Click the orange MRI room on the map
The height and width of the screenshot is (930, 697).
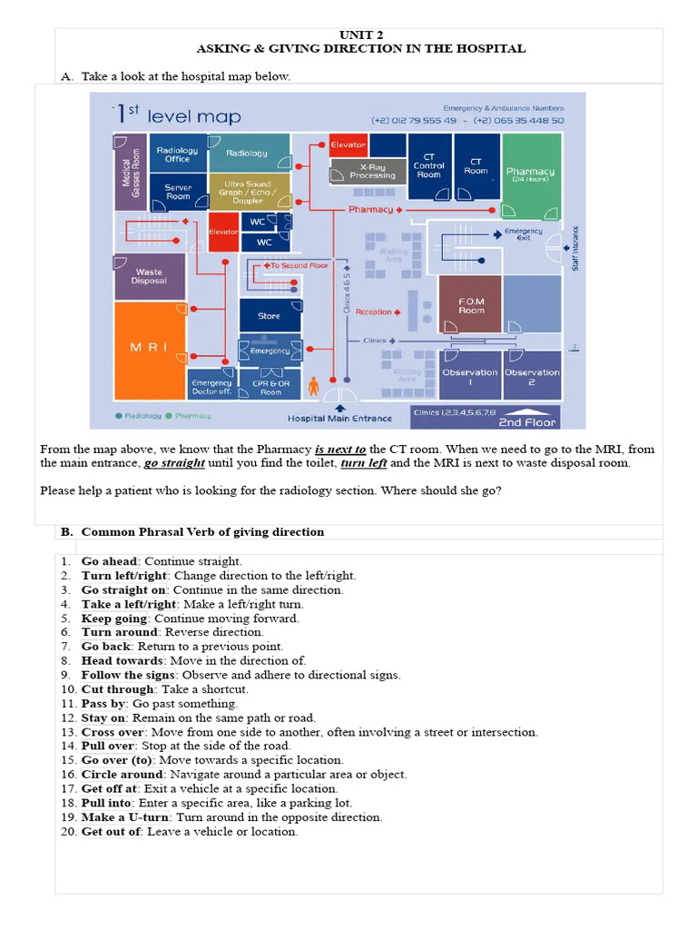click(x=149, y=350)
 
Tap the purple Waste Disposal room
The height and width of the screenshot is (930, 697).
click(x=149, y=276)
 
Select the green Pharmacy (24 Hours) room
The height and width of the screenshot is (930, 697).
click(x=531, y=174)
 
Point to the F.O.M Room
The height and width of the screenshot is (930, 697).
click(x=470, y=305)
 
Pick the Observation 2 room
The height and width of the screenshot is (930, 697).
click(x=532, y=376)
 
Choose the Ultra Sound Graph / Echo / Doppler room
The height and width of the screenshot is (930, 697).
click(x=248, y=193)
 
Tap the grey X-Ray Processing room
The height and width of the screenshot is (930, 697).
click(x=372, y=171)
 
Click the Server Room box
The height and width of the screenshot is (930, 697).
click(x=178, y=192)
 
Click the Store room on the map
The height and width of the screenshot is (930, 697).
click(x=269, y=316)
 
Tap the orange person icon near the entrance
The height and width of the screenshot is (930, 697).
click(x=314, y=385)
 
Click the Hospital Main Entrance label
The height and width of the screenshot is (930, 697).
click(x=339, y=419)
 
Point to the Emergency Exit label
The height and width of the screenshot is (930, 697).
click(x=523, y=234)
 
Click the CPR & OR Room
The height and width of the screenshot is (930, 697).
click(x=270, y=388)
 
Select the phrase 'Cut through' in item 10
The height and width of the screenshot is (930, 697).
click(x=113, y=689)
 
